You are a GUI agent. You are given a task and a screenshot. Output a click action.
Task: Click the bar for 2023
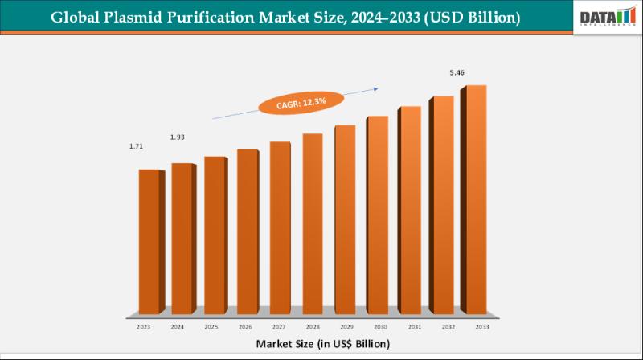point(149,241)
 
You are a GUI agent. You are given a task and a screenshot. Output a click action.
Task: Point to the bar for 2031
point(409,210)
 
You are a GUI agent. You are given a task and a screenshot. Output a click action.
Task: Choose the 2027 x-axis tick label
point(279,328)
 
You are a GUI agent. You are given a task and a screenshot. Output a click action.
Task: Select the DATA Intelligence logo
point(607,17)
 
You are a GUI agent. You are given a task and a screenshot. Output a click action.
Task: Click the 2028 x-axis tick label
point(312,328)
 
